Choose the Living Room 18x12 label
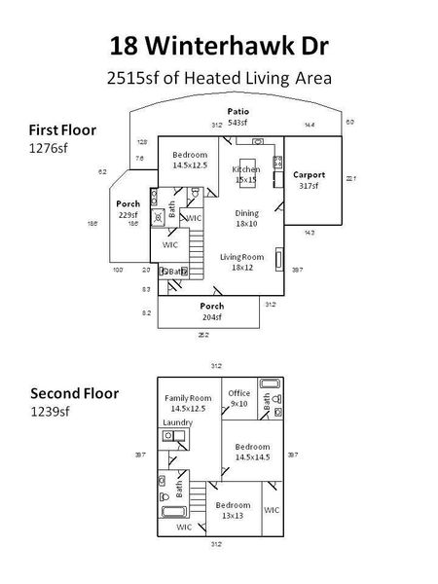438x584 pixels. [237, 261]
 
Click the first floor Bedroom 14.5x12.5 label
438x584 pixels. [190, 160]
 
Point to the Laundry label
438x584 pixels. [176, 421]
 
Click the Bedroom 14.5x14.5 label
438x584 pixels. [252, 451]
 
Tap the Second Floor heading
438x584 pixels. [74, 394]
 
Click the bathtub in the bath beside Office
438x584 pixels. [269, 385]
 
